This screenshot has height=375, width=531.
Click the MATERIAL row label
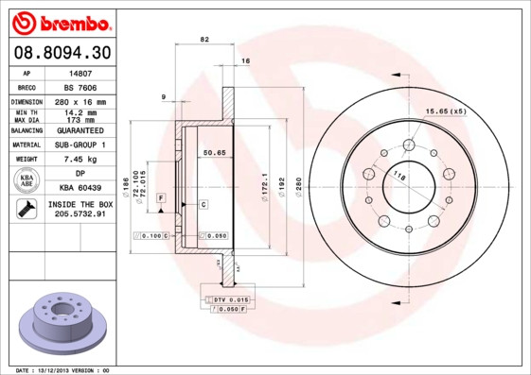(x=26, y=145)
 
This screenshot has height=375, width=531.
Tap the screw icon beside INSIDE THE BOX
(x=26, y=210)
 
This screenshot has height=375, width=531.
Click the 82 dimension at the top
(x=204, y=39)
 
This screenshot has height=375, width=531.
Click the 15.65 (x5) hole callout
(x=446, y=111)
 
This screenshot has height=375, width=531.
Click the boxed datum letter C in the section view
(x=203, y=204)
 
